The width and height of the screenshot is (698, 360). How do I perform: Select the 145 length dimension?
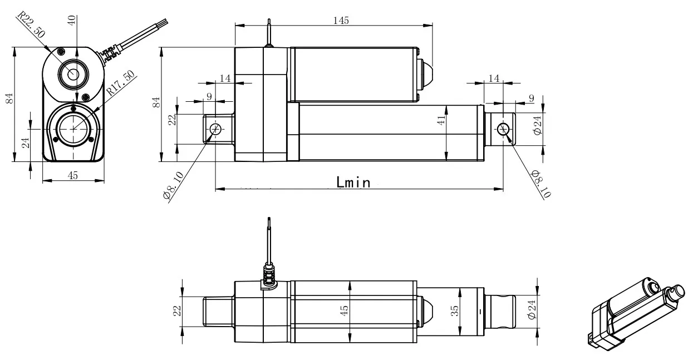tap(341, 20)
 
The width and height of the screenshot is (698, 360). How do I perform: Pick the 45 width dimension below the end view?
tap(72, 175)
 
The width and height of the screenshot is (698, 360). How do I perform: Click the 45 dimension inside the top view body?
tap(345, 308)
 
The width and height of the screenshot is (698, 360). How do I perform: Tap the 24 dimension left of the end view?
tap(24, 142)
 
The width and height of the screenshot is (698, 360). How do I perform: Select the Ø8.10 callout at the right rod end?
tap(538, 184)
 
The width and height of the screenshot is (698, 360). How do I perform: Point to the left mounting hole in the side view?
tap(216, 129)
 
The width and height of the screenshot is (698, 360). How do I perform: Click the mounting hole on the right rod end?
tap(503, 129)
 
